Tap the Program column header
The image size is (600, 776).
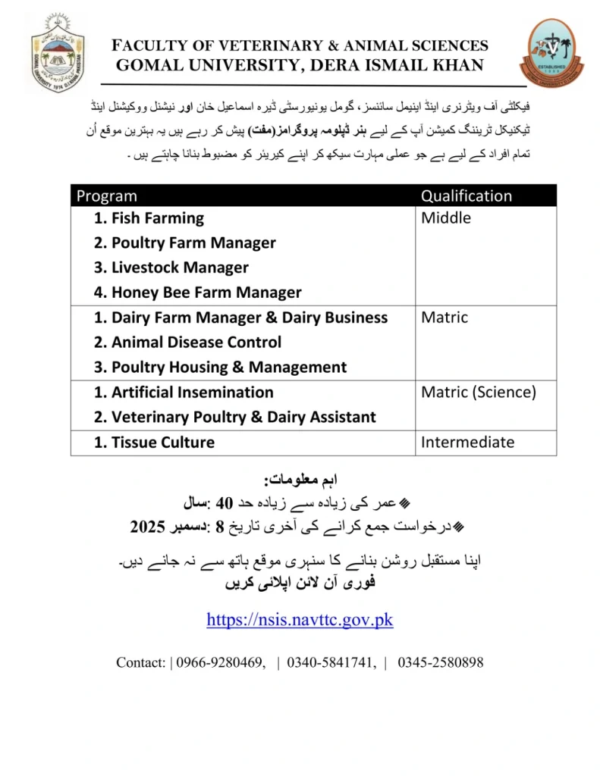[107, 196]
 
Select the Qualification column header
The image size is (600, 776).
[466, 196]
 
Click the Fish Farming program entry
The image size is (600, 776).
[149, 218]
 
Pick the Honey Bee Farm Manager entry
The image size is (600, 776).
[197, 293]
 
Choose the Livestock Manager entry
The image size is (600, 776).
[171, 268]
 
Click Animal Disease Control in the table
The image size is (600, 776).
[187, 343]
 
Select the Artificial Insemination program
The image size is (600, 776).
[184, 393]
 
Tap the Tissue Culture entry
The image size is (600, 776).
[154, 443]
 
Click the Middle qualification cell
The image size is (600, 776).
[446, 218]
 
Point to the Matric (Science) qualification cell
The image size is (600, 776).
[479, 393]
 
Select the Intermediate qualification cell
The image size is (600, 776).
[467, 443]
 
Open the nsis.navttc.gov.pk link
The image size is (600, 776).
[300, 620]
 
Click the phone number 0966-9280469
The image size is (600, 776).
[221, 662]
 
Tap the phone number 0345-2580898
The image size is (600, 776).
[440, 662]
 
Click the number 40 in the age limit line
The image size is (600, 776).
[224, 502]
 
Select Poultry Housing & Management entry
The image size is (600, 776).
[221, 368]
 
